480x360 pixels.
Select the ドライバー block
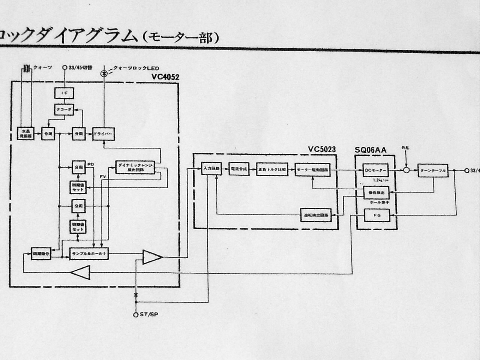pos(103,134)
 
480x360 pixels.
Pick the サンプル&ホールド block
pos(89,253)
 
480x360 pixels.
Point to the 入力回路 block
pos(211,169)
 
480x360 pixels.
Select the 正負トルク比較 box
pos(272,169)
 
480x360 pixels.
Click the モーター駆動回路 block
pos(312,170)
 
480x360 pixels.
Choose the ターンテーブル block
pos(433,171)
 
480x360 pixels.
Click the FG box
pos(377,216)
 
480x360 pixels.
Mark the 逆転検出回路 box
pos(316,215)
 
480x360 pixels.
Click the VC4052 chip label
pos(165,78)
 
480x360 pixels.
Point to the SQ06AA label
pos(370,150)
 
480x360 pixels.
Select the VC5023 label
pos(322,149)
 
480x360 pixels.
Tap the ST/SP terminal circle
pos(136,314)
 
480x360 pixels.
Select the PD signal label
pos(90,164)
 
